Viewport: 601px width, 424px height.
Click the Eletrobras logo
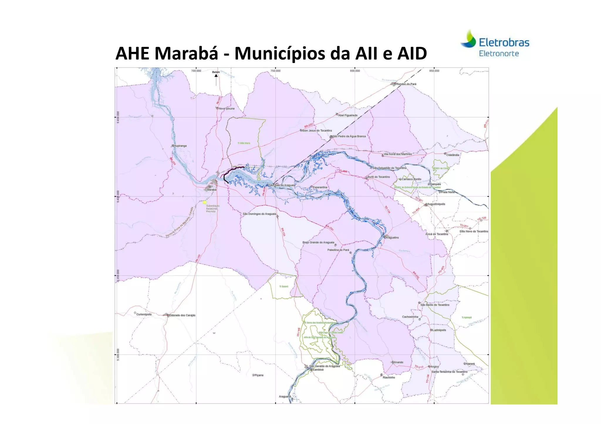click(495, 43)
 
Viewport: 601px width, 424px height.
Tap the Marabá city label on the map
click(212, 190)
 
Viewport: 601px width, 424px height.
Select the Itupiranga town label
click(180, 146)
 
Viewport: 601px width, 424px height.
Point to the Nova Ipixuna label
click(227, 109)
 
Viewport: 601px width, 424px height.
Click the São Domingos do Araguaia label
click(259, 214)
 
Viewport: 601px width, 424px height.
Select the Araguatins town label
click(392, 238)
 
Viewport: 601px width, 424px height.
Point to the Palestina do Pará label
click(338, 250)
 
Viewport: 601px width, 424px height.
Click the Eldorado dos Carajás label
click(182, 316)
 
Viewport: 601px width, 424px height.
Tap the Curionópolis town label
click(144, 314)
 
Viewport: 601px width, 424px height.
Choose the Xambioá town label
click(318, 370)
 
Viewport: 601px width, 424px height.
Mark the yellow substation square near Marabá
click(205, 202)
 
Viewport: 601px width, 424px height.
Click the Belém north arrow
click(216, 77)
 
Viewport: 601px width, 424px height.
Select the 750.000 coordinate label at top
click(275, 71)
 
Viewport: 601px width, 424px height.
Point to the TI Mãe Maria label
click(244, 143)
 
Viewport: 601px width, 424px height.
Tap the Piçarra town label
click(259, 375)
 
